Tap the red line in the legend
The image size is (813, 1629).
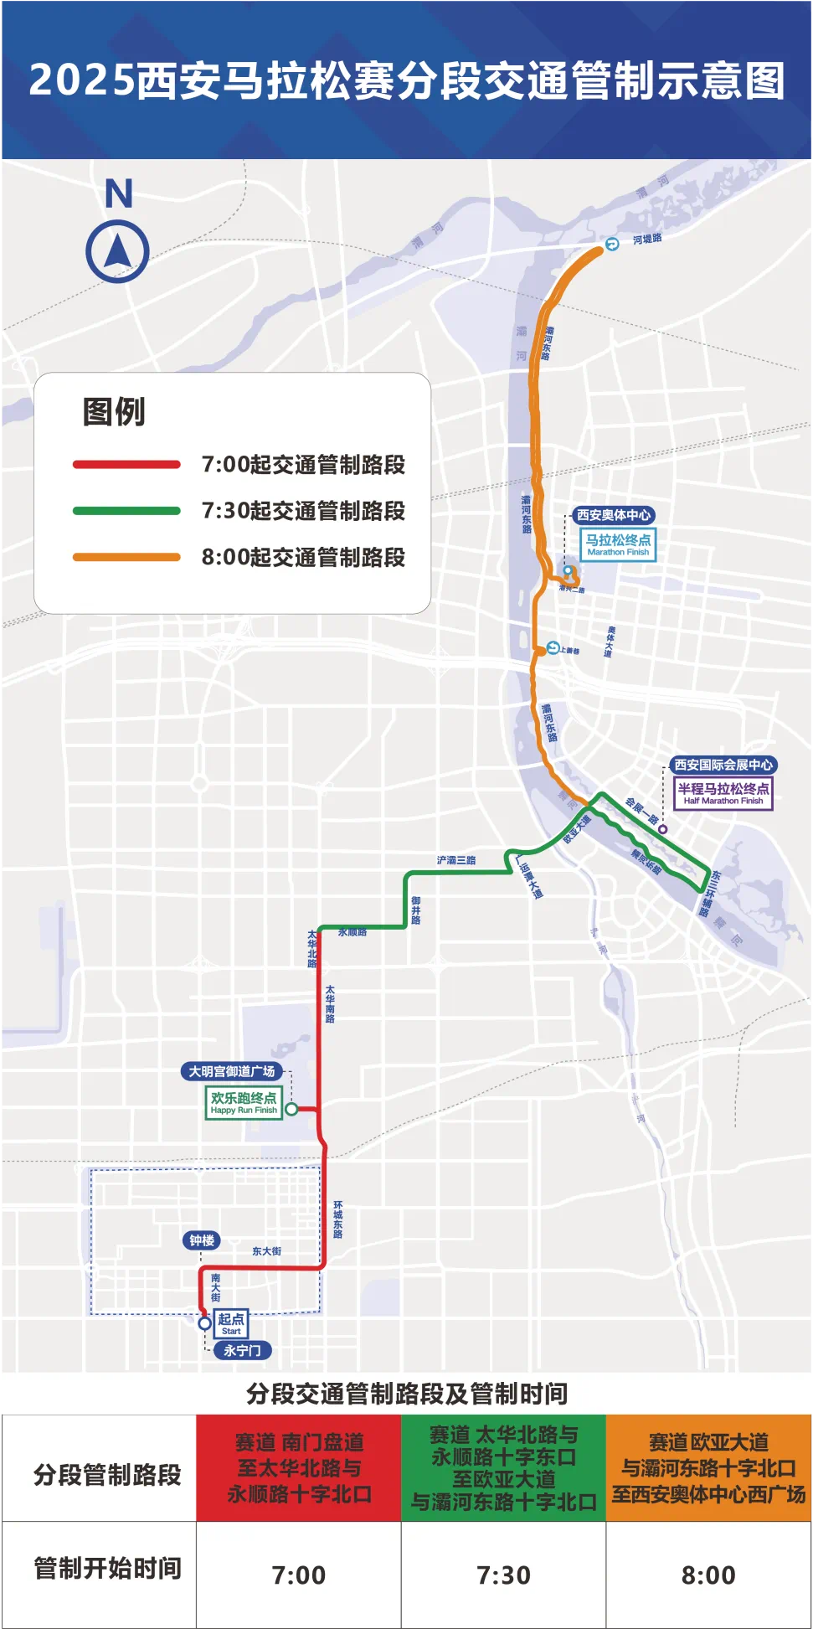(126, 465)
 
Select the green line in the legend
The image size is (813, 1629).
(126, 511)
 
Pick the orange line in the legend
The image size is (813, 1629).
(126, 557)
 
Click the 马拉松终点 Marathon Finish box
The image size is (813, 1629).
(618, 544)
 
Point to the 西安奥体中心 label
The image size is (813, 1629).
(614, 515)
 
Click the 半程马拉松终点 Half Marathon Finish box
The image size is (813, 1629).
(723, 792)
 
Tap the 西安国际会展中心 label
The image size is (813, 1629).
(723, 765)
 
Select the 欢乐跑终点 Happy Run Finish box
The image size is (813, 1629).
(244, 1102)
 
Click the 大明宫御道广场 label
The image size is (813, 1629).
(232, 1071)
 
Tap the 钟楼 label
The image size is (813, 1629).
(202, 1240)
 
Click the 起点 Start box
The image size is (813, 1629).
(231, 1323)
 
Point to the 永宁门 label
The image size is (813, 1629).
(242, 1350)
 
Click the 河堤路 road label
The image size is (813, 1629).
(647, 240)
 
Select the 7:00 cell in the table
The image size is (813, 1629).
(299, 1575)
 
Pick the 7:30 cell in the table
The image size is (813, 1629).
(503, 1575)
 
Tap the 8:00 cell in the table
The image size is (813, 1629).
(708, 1575)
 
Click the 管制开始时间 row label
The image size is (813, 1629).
(107, 1568)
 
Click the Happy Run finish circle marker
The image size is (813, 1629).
(291, 1109)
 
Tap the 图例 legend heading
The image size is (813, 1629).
(114, 412)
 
